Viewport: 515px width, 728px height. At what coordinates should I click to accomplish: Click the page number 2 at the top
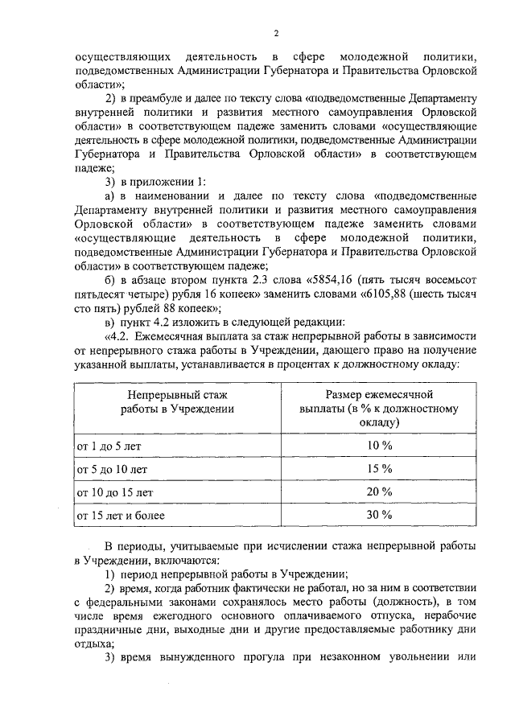tap(275, 33)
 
